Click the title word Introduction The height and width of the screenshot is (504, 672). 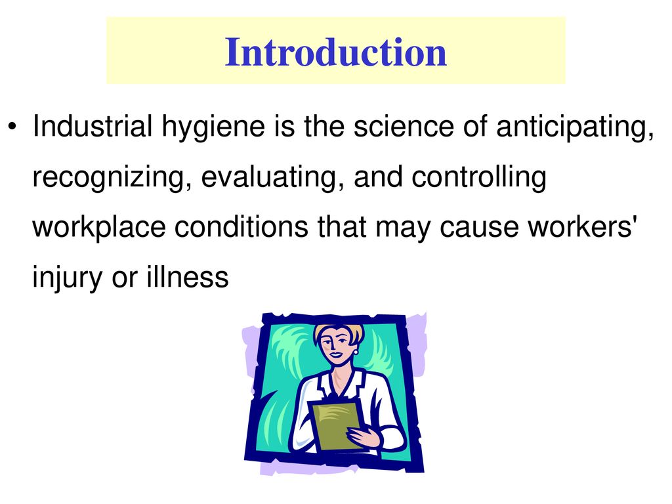click(x=336, y=52)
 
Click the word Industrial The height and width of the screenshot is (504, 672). click(x=93, y=126)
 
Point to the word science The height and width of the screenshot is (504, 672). click(x=404, y=127)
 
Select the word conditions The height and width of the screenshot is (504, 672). click(x=241, y=226)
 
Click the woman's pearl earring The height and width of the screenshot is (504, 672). click(x=356, y=352)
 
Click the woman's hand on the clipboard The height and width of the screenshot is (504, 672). click(x=364, y=437)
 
